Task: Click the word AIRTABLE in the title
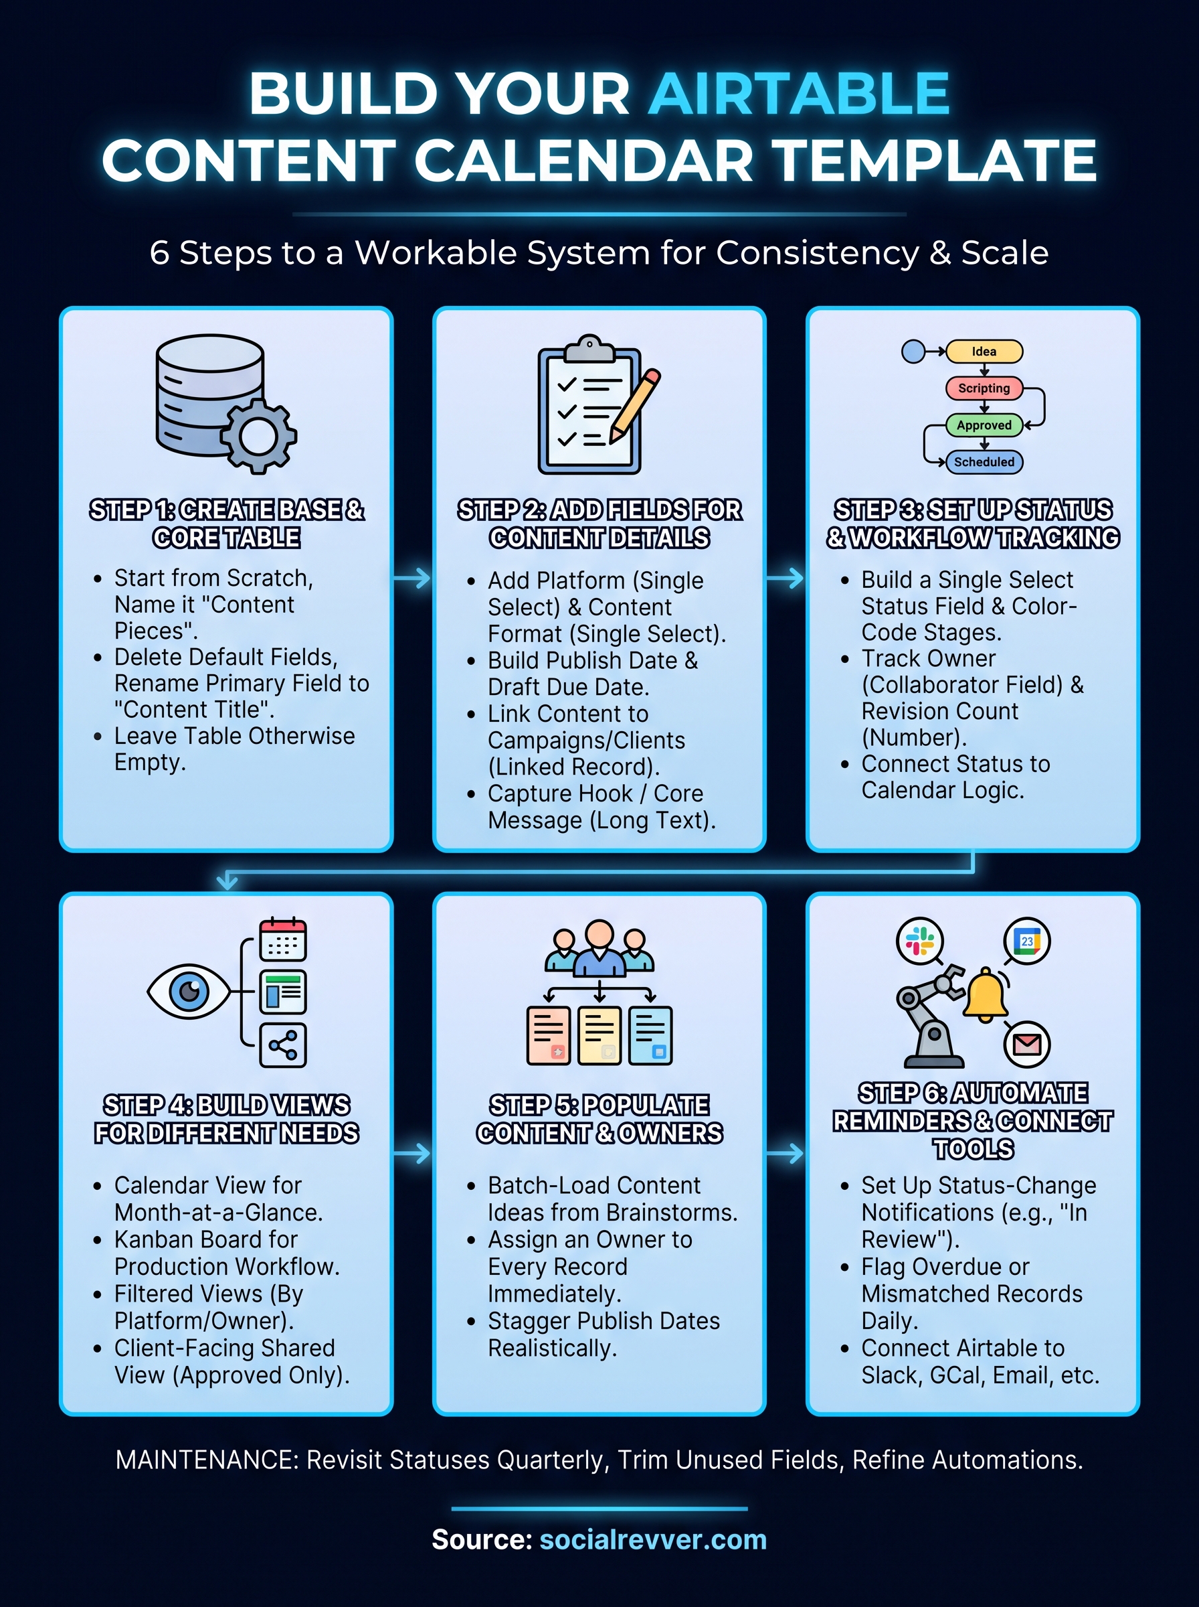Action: [799, 94]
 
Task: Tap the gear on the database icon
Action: [258, 436]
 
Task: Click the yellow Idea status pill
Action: [984, 352]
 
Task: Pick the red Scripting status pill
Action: [984, 388]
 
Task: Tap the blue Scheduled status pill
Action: [984, 462]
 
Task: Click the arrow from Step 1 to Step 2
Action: [412, 578]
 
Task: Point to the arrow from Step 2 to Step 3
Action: [786, 578]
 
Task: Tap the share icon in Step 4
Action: [283, 1046]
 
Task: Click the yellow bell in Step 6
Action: [985, 995]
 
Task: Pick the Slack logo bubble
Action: [920, 941]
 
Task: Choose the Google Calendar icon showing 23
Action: [1027, 941]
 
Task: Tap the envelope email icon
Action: [1027, 1045]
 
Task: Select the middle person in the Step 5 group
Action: [599, 947]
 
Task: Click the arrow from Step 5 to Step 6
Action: [786, 1153]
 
